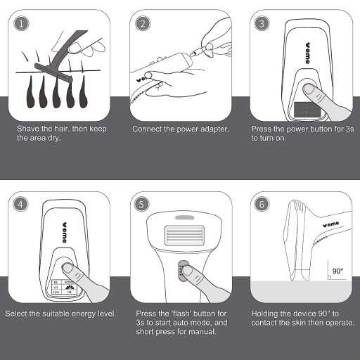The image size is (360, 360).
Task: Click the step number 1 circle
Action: [21, 24]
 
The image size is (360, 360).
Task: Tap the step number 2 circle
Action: [143, 24]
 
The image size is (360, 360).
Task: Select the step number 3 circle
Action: [262, 24]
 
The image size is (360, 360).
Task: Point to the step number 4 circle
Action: [20, 204]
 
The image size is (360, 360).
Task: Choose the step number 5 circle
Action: [141, 204]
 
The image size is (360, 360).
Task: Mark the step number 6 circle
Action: [262, 204]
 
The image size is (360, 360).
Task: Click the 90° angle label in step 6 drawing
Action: [337, 271]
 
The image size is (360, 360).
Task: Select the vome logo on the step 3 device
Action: [307, 53]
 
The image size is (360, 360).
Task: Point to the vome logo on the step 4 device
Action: [65, 232]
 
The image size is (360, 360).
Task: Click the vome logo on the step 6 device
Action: [330, 224]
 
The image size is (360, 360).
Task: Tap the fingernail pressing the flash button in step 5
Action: [187, 271]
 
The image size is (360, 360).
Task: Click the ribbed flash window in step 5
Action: [184, 236]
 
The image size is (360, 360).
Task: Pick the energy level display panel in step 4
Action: [64, 287]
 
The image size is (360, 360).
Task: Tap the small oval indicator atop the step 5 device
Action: [185, 218]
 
